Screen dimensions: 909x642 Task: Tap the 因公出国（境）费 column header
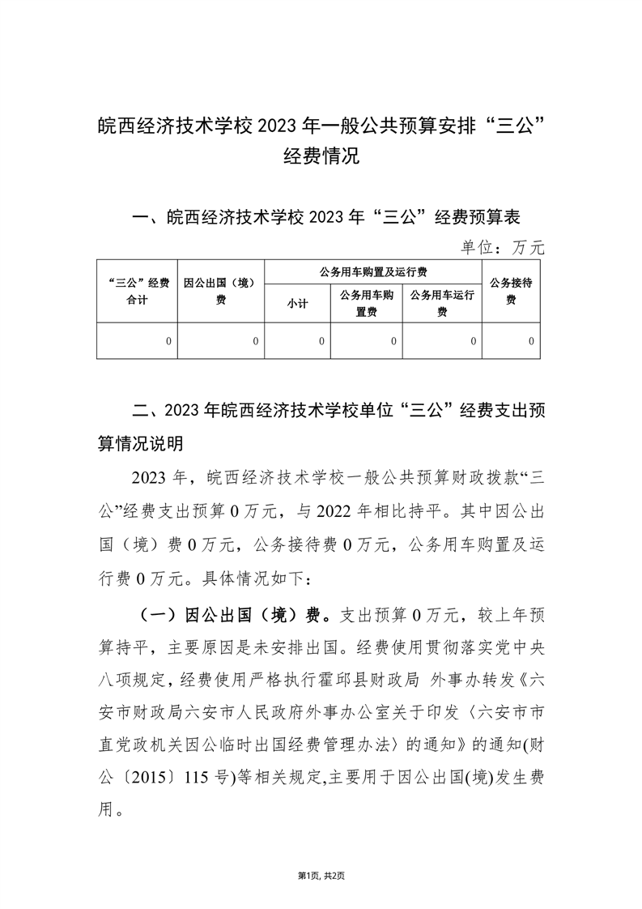click(x=220, y=291)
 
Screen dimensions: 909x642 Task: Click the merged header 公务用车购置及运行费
click(x=373, y=271)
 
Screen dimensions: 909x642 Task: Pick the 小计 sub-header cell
click(x=297, y=305)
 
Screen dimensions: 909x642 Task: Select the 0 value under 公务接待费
click(x=531, y=342)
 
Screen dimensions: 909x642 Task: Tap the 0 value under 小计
click(x=321, y=342)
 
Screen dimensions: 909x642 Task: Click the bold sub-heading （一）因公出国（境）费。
click(x=234, y=613)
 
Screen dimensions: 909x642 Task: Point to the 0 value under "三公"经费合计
click(x=168, y=342)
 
